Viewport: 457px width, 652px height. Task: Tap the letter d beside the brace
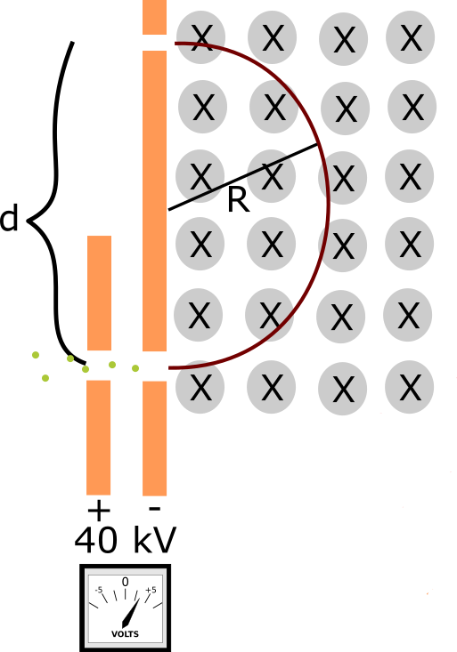tap(8, 218)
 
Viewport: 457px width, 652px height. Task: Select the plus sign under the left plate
tap(99, 511)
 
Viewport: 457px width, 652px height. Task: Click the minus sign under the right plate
tap(154, 508)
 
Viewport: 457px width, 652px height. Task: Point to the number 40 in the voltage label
tap(96, 540)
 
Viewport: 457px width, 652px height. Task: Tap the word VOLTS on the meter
tap(125, 634)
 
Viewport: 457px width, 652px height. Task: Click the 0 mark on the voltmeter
tap(125, 582)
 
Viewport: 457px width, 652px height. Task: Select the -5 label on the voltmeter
tap(99, 590)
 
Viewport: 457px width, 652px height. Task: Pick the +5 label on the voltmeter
tap(151, 590)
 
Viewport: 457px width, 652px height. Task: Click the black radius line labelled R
tap(243, 177)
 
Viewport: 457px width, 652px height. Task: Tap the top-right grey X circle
tap(411, 37)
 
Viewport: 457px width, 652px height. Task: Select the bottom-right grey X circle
tap(410, 387)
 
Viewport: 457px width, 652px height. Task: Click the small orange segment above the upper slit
tap(154, 17)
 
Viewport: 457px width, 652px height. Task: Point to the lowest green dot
tap(45, 378)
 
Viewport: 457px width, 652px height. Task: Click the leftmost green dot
tap(36, 355)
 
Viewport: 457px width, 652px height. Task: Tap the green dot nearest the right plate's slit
tap(135, 368)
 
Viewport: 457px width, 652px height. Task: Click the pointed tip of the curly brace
tap(29, 221)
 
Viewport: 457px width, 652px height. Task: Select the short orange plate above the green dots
tap(99, 294)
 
